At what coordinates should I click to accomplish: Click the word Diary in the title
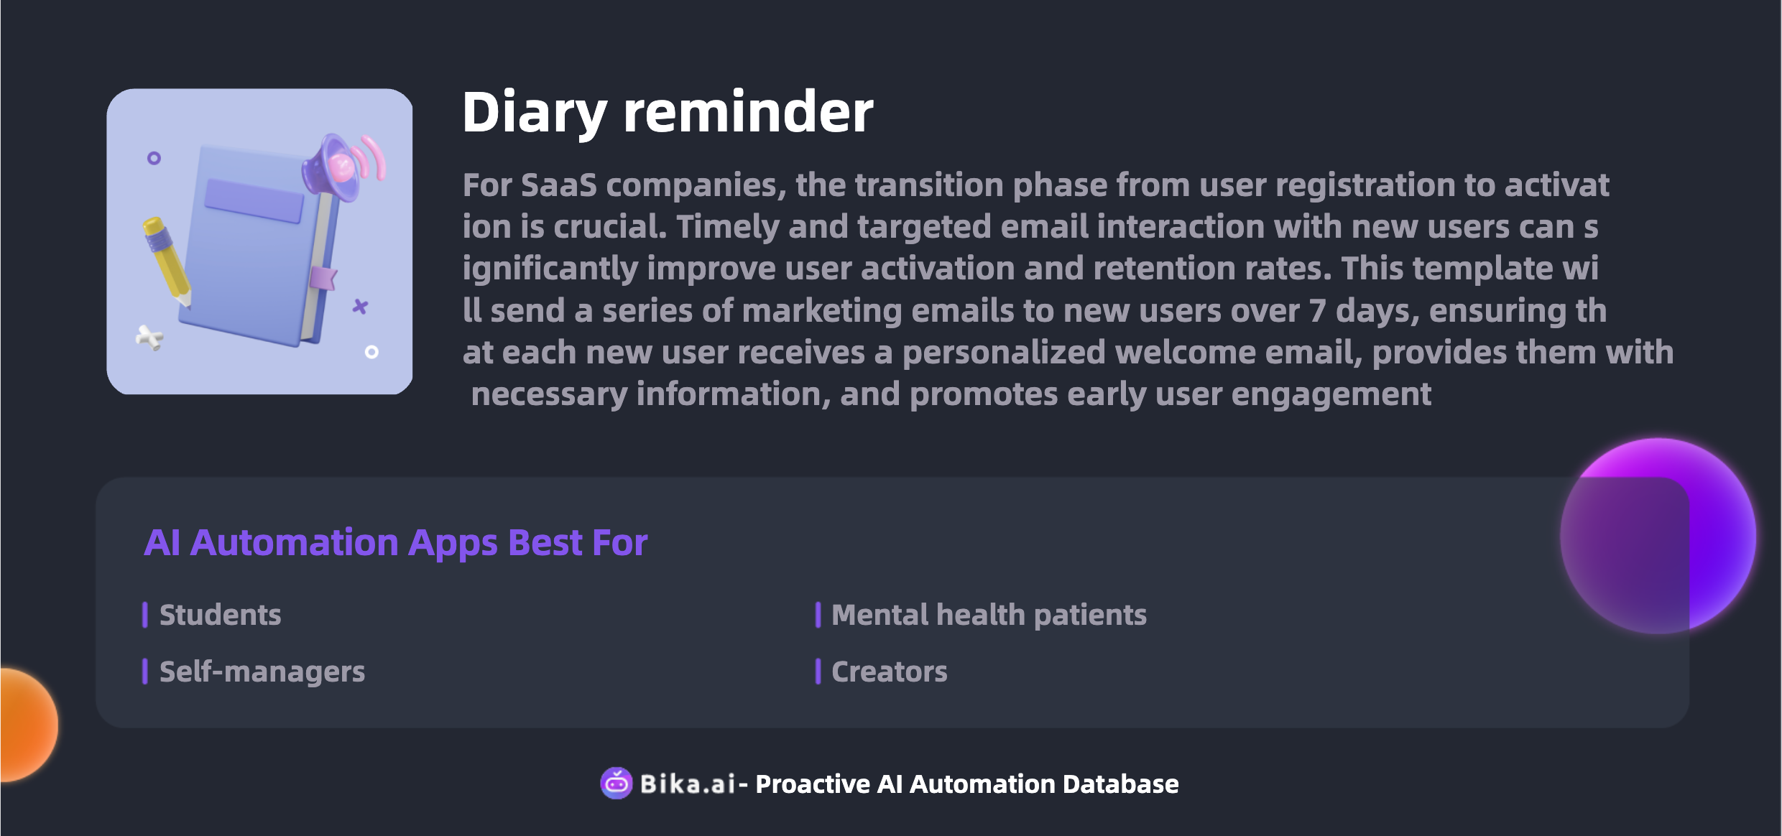(x=535, y=113)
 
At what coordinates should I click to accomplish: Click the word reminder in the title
(x=748, y=112)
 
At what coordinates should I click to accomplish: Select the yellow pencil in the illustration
(x=167, y=259)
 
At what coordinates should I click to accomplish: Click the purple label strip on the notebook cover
(x=254, y=200)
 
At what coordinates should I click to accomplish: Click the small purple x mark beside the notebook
(x=360, y=307)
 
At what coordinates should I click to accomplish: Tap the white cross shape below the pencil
(x=149, y=338)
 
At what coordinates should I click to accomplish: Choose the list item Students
(x=220, y=615)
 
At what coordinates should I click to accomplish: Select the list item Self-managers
(x=262, y=672)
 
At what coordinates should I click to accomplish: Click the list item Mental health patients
(x=989, y=615)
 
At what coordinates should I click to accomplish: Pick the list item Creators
(x=889, y=672)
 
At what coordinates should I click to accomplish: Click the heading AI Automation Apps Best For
(x=396, y=543)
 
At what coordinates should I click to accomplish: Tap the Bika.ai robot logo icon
(x=616, y=783)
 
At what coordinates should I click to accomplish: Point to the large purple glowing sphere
(x=1658, y=536)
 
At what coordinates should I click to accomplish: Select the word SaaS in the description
(x=559, y=185)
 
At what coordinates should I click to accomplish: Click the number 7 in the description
(x=1317, y=311)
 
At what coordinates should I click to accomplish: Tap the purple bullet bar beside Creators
(x=818, y=672)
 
